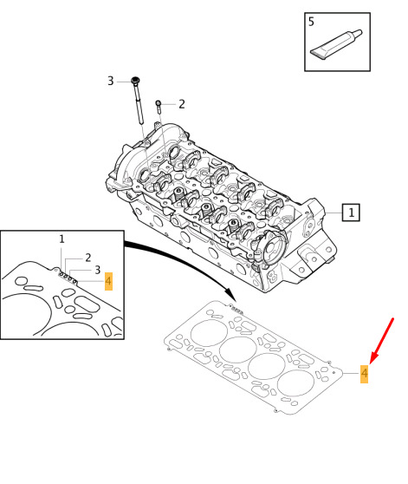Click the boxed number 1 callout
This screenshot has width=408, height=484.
click(x=351, y=213)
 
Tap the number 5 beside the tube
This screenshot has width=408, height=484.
click(x=311, y=22)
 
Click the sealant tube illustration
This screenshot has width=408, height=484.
click(x=336, y=44)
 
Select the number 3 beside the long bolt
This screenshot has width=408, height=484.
click(x=111, y=81)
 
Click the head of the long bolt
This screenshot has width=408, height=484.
click(x=136, y=81)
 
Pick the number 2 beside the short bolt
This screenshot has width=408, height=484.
click(x=182, y=104)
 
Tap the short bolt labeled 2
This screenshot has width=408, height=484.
click(x=159, y=107)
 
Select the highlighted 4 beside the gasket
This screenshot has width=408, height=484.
click(x=364, y=374)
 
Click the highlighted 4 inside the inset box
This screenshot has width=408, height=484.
click(x=108, y=281)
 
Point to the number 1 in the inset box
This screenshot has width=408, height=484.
click(x=62, y=239)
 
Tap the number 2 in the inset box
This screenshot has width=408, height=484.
click(x=88, y=258)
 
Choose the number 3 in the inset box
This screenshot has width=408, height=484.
click(x=98, y=270)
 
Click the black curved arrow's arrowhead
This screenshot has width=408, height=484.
click(x=230, y=294)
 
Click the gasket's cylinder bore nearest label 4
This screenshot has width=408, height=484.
click(x=295, y=383)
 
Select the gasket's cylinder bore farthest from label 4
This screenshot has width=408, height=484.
click(x=210, y=333)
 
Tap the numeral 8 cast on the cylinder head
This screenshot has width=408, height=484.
click(x=273, y=276)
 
